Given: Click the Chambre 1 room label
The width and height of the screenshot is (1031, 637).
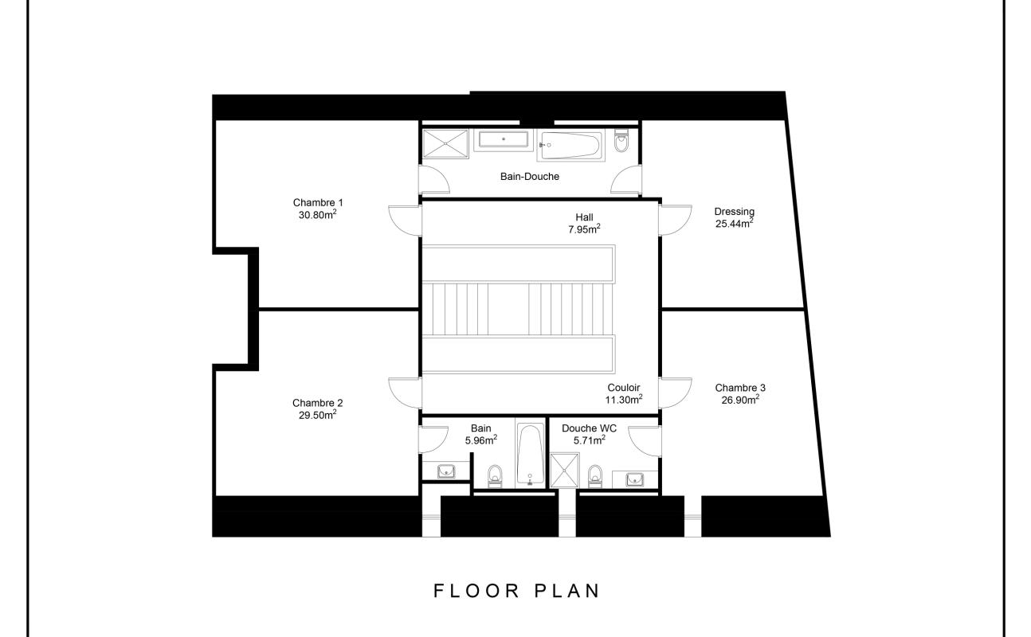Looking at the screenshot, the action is click(x=318, y=202).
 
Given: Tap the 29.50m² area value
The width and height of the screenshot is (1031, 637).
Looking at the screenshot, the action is click(x=318, y=415).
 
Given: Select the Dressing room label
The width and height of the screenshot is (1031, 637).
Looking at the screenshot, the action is click(x=734, y=212).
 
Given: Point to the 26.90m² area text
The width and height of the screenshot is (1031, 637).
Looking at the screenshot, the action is click(x=740, y=400).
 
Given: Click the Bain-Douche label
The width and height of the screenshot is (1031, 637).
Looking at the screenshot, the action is click(x=530, y=177).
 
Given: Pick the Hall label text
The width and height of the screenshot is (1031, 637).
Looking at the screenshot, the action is click(x=584, y=217).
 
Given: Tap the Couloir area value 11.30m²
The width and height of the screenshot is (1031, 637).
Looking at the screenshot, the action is click(x=624, y=400).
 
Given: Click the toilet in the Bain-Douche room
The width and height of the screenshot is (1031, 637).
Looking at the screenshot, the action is click(x=621, y=141).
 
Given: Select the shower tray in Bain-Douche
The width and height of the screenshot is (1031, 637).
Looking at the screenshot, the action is click(x=445, y=144).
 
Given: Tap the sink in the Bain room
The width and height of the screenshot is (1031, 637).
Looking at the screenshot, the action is click(x=446, y=471).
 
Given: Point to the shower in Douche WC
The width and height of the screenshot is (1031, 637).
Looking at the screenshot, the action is click(x=565, y=470).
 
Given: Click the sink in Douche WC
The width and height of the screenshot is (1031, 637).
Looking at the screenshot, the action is click(x=635, y=479).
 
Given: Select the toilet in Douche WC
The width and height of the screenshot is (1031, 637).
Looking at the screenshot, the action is click(x=595, y=476).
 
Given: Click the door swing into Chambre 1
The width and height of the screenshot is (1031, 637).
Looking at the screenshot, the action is click(x=405, y=221).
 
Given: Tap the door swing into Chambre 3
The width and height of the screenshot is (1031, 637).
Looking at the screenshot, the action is click(x=675, y=393).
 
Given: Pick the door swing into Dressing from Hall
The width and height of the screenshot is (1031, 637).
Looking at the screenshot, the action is click(x=675, y=221).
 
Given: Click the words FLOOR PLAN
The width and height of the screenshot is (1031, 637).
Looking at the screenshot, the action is click(x=516, y=591).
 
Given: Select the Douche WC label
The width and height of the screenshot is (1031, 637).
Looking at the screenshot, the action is click(x=589, y=428).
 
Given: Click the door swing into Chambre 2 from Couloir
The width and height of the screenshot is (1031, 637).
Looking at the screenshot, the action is click(x=405, y=393).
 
